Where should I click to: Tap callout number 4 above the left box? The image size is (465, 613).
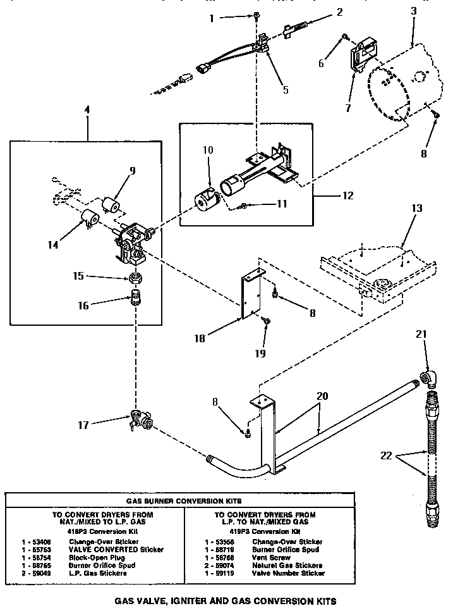[87, 110]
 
